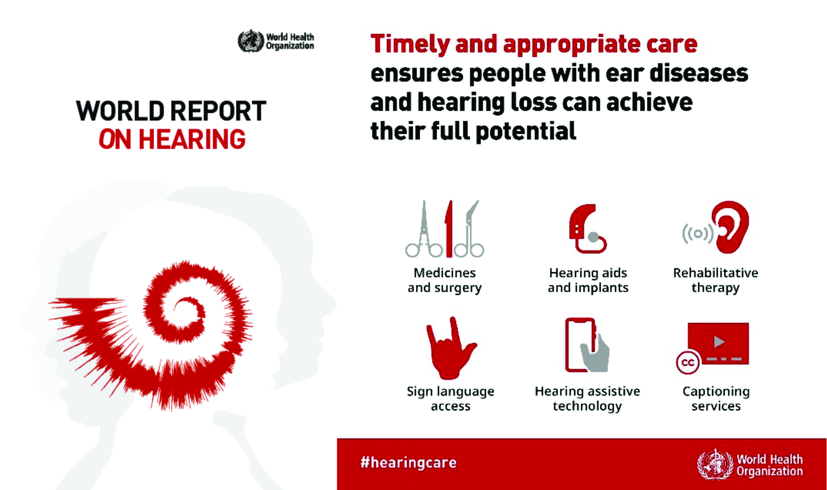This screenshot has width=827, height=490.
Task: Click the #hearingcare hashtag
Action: pyautogui.click(x=408, y=463)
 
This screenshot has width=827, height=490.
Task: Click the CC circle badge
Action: pyautogui.click(x=688, y=362)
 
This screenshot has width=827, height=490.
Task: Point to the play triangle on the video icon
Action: pyautogui.click(x=719, y=341)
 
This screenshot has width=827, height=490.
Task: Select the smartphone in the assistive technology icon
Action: pyautogui.click(x=579, y=345)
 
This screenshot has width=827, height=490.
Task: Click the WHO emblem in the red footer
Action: pyautogui.click(x=715, y=465)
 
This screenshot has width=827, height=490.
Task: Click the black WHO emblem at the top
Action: pyautogui.click(x=251, y=41)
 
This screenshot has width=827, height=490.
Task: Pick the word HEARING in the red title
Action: pyautogui.click(x=192, y=140)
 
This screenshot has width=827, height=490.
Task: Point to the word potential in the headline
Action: pyautogui.click(x=526, y=131)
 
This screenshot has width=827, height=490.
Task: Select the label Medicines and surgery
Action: pyautogui.click(x=445, y=280)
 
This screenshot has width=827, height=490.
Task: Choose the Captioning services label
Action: pyautogui.click(x=716, y=399)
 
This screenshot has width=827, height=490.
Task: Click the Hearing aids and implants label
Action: pyautogui.click(x=588, y=280)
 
